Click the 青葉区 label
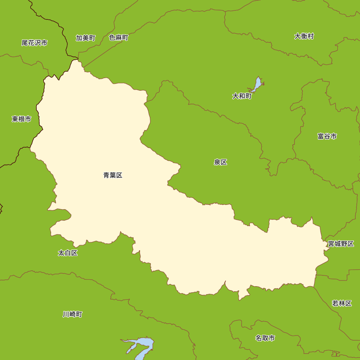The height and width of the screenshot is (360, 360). [x=113, y=175]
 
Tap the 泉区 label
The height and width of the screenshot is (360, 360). [x=220, y=162]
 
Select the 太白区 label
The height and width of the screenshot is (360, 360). [x=68, y=253]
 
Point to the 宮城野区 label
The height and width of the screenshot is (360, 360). [x=341, y=244]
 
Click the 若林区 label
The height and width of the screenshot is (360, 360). [x=342, y=303]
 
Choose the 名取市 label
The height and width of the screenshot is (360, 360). [x=265, y=338]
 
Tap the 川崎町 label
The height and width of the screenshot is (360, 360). [x=72, y=314]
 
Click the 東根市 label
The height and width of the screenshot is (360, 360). [x=21, y=119]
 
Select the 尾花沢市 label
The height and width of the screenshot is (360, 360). [x=34, y=43]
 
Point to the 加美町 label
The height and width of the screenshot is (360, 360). [x=85, y=38]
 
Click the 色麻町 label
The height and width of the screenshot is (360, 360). [x=118, y=37]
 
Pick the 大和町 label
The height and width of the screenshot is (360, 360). [x=242, y=96]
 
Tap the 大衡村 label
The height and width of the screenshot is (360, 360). [x=304, y=36]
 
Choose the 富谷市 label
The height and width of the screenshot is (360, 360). [x=327, y=136]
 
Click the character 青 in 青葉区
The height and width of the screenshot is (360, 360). [x=107, y=175]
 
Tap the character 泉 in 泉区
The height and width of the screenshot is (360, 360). [x=217, y=162]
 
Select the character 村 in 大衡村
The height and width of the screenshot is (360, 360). [x=310, y=36]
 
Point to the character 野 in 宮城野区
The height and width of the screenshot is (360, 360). [x=344, y=244]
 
